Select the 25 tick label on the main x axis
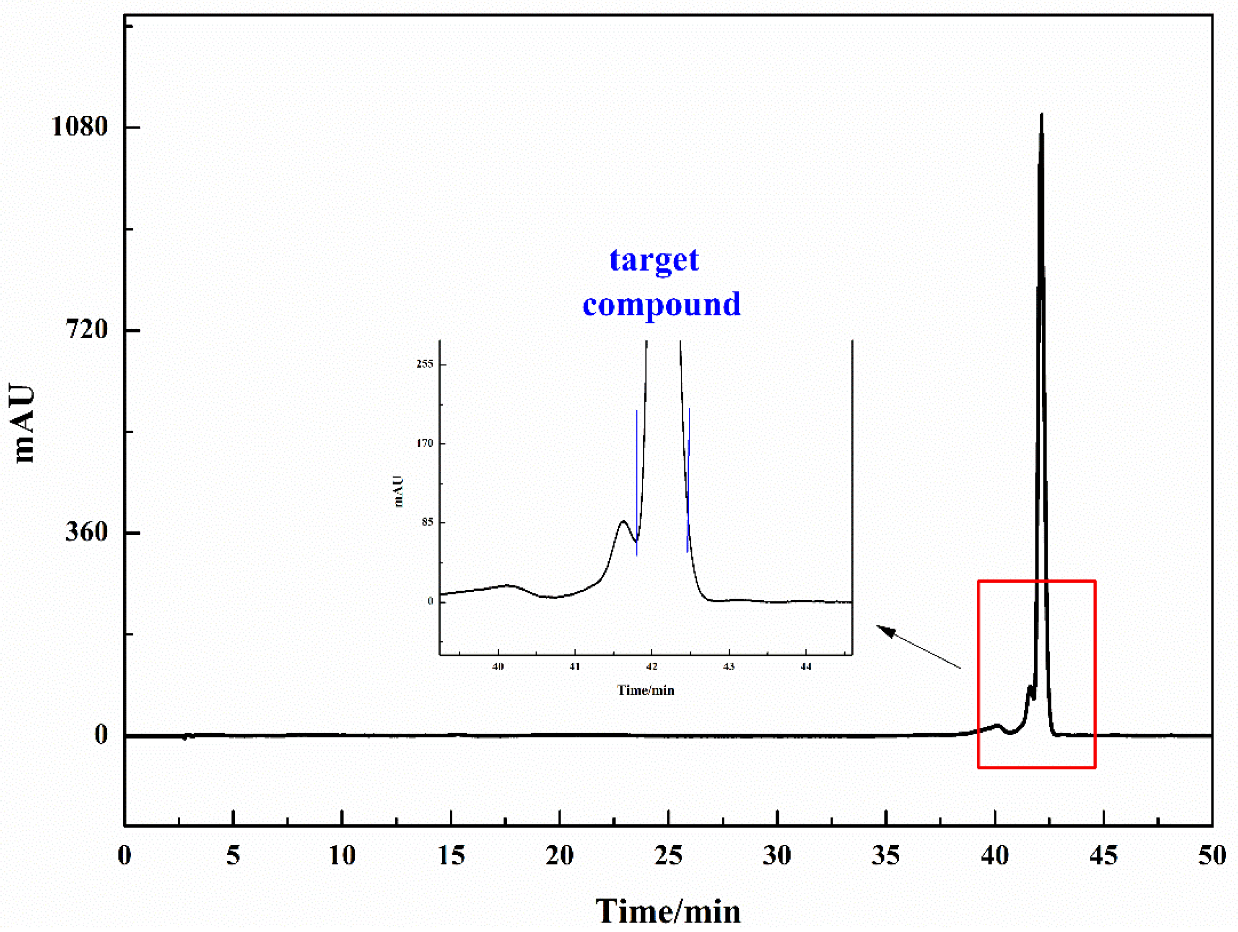[668, 855]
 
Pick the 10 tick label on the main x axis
[341, 855]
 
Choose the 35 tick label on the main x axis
[885, 855]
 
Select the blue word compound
[662, 304]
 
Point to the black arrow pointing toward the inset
[918, 646]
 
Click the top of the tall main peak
[1041, 115]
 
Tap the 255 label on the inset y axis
[424, 364]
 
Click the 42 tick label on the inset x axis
[651, 666]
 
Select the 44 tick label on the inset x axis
[805, 666]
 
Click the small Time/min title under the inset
[645, 690]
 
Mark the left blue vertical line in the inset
[637, 482]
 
